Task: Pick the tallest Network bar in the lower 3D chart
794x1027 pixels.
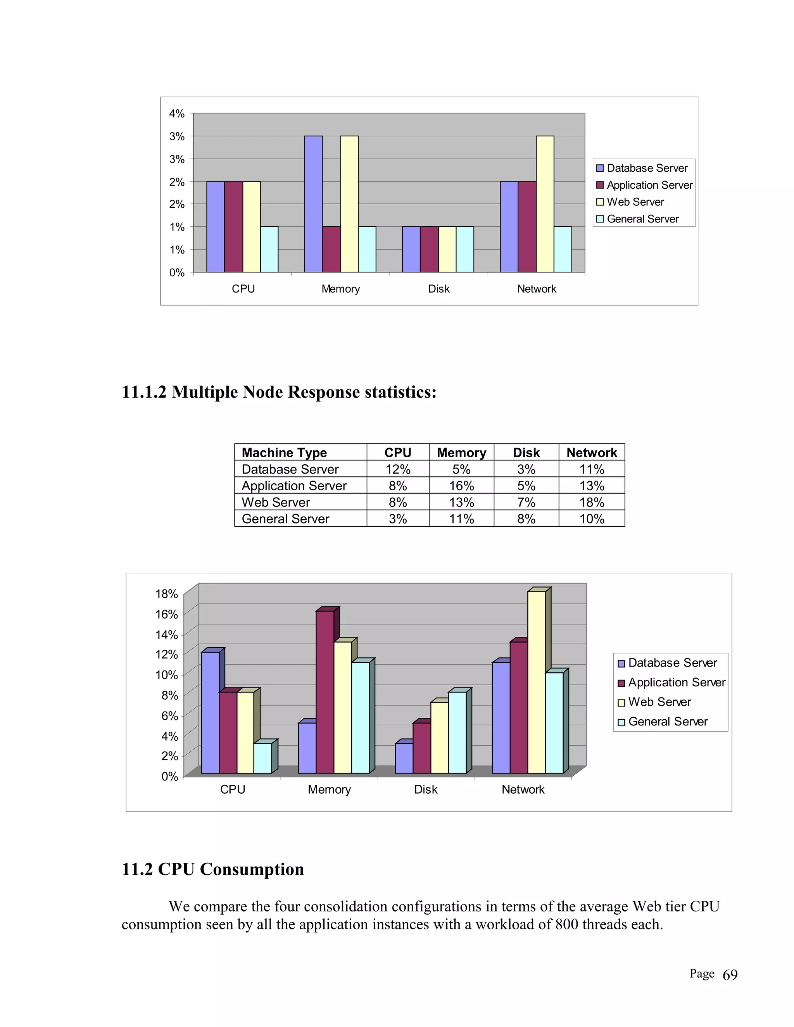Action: pos(536,682)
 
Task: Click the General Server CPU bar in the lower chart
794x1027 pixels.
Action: pos(262,758)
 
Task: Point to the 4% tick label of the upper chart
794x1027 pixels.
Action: pos(177,114)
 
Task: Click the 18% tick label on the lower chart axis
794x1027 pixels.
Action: pos(166,594)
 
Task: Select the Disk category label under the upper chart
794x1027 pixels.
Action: pos(438,289)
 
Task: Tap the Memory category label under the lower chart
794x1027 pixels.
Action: pos(329,789)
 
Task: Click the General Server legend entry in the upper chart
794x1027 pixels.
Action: pos(642,219)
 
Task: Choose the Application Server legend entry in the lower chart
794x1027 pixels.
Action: pos(677,682)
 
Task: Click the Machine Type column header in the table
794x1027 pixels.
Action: pos(284,452)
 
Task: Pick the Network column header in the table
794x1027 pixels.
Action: pos(591,452)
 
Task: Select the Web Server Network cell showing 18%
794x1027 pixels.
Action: pos(591,502)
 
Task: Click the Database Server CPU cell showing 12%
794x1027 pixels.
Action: pos(397,469)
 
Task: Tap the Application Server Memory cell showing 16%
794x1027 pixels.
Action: pos(461,486)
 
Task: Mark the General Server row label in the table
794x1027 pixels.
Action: pos(285,519)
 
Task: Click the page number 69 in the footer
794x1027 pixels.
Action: pos(730,975)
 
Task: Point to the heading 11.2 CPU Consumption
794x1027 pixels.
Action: pos(212,869)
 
